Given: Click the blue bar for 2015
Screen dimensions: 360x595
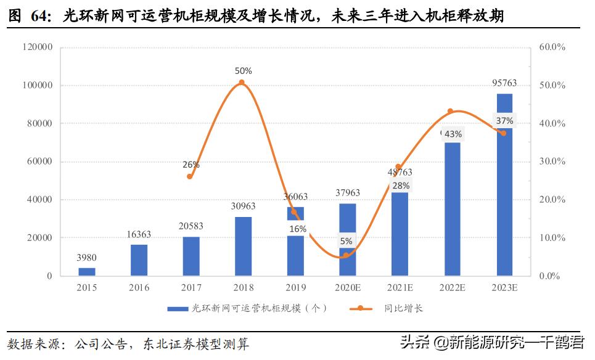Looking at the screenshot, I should [x=87, y=271].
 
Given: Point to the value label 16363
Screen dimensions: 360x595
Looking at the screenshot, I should [x=139, y=235].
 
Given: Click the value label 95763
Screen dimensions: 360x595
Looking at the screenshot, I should [x=504, y=83].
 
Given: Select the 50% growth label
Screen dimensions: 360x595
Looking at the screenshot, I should [x=243, y=71].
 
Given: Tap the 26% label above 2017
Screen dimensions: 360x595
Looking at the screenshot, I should [x=191, y=165].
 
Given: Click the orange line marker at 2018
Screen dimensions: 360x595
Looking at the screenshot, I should [x=242, y=83].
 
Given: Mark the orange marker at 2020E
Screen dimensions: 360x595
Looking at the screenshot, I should [x=346, y=255].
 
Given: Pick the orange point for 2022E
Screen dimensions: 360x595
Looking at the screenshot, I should [x=451, y=112].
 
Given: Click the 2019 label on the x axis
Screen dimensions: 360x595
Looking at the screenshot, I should [x=295, y=287].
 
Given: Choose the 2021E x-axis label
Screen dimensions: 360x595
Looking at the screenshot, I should [x=400, y=287].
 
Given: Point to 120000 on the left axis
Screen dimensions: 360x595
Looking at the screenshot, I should [x=38, y=47].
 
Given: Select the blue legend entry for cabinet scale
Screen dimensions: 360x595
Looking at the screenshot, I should [x=247, y=308].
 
